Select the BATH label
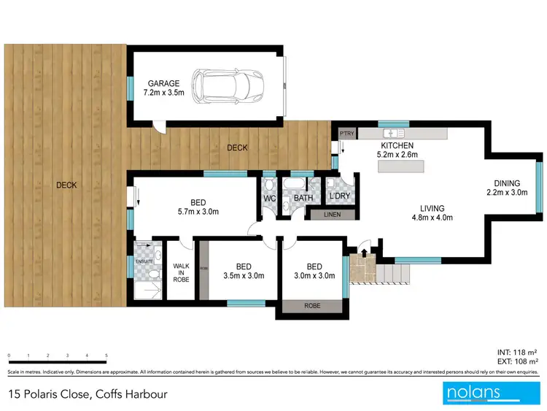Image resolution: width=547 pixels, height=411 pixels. tap(303, 198)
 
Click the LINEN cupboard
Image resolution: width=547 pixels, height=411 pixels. tap(332, 215)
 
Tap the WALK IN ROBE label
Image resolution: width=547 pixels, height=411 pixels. tap(180, 272)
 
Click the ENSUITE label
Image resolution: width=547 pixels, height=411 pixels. tap(142, 260)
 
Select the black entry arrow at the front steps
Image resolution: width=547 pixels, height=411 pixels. tap(365, 253)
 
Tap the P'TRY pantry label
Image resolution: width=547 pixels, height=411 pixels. tap(346, 134)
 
